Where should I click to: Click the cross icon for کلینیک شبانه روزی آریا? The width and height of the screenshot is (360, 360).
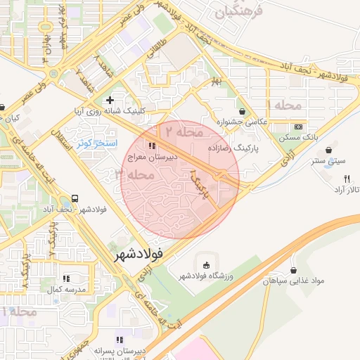point(109,100)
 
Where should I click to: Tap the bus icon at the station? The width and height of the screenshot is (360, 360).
point(75,198)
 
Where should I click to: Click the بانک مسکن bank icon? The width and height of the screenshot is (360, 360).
point(299,127)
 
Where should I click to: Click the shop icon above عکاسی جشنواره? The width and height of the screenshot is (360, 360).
point(243,110)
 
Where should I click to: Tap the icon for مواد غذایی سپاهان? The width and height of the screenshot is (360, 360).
point(293,270)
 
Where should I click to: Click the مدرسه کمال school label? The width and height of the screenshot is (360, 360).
point(65,289)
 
